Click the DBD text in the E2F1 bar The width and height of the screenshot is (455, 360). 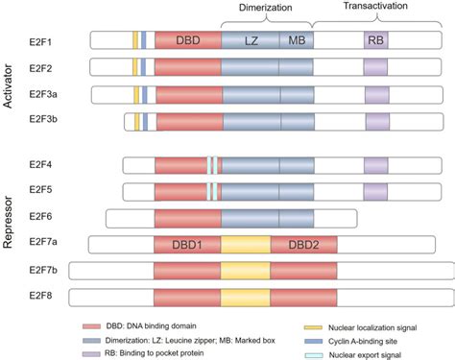pyautogui.click(x=188, y=40)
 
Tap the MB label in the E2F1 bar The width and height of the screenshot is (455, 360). pyautogui.click(x=296, y=40)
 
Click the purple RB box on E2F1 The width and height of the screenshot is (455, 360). pyautogui.click(x=375, y=40)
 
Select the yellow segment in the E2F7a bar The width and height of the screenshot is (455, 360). pyautogui.click(x=246, y=245)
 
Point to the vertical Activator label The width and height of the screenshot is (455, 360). pyautogui.click(x=9, y=82)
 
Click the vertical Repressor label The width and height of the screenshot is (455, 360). pyautogui.click(x=9, y=219)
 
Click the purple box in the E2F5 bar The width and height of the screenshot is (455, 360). pyautogui.click(x=375, y=191)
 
